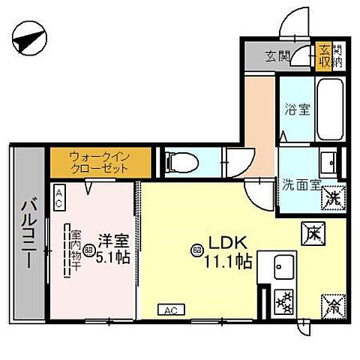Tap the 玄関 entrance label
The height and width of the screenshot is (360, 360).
[277, 55]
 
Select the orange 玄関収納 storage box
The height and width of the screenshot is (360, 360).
[323, 55]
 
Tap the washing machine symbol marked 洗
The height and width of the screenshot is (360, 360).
[334, 199]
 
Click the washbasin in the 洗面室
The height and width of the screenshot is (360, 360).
[327, 161]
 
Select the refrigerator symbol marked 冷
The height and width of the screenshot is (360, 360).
[331, 304]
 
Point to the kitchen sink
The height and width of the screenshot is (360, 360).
[284, 265]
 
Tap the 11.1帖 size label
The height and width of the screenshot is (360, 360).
[229, 262]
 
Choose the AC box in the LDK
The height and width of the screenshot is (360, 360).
[170, 309]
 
